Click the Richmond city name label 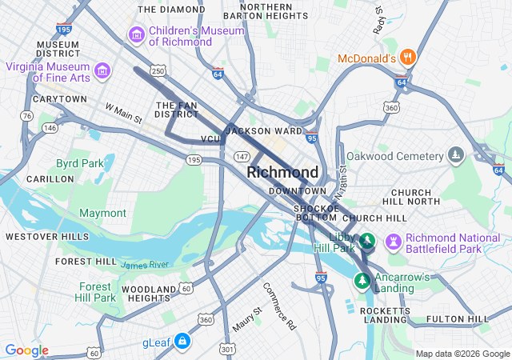[x=282, y=172]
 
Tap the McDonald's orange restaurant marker [x=408, y=58]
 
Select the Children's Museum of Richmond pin [x=135, y=35]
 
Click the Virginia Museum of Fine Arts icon [x=102, y=72]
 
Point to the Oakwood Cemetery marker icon [x=456, y=154]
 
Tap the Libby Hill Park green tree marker [x=367, y=240]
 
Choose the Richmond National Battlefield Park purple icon [x=393, y=241]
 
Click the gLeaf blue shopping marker [x=183, y=342]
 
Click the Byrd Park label [x=79, y=163]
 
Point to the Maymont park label [x=102, y=213]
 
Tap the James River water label [x=145, y=264]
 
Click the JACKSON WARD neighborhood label [x=263, y=130]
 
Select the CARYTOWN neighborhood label [x=59, y=99]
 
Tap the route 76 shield [x=27, y=116]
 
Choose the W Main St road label [x=123, y=113]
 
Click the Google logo [x=26, y=350]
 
